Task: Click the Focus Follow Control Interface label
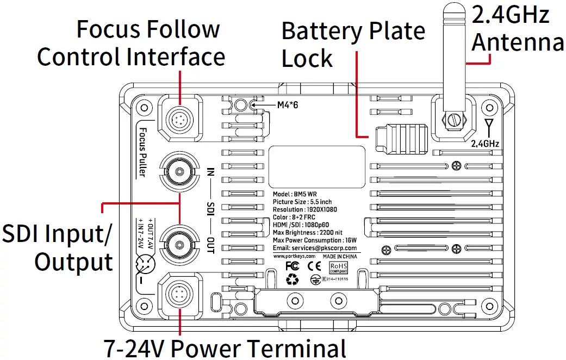click(130, 42)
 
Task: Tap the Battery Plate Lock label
click(353, 45)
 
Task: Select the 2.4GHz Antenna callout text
click(517, 28)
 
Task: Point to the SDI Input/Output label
click(58, 247)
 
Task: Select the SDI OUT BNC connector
click(177, 240)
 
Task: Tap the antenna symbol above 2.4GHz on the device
click(488, 128)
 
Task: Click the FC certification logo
click(293, 266)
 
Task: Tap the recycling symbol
click(293, 280)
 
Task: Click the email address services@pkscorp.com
click(318, 247)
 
